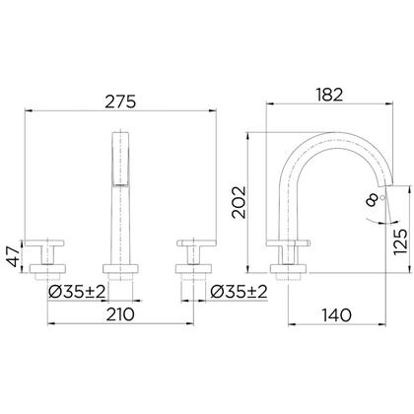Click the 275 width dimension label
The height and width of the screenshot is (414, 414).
point(120,102)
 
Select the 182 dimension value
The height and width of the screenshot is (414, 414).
point(329,95)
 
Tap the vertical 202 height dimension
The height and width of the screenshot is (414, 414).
point(239,202)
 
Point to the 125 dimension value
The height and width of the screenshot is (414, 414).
point(400,241)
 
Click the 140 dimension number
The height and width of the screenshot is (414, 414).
point(336,315)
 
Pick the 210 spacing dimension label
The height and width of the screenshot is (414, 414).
point(120,314)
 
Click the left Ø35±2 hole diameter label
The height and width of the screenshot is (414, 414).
point(77,292)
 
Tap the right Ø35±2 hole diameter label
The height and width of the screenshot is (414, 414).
point(239,292)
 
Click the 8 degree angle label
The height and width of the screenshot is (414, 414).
point(373,199)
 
